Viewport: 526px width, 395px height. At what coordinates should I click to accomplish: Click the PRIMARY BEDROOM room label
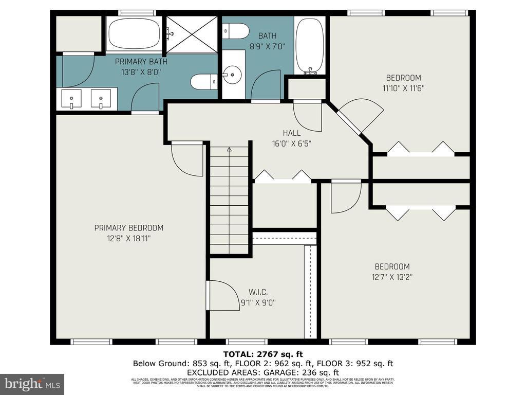click(x=128, y=228)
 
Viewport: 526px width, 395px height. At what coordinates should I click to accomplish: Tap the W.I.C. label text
click(x=258, y=292)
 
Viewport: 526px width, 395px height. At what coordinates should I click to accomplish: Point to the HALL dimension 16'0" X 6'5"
click(x=292, y=144)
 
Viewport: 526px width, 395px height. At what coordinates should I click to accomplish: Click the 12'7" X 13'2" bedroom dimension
click(x=392, y=277)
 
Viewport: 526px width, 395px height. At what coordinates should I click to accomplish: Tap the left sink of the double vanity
click(x=71, y=98)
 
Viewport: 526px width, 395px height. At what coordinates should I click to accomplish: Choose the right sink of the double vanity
click(x=101, y=98)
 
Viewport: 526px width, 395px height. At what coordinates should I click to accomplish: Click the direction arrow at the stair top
click(x=229, y=149)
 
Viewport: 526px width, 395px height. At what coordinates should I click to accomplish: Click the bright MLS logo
click(x=32, y=384)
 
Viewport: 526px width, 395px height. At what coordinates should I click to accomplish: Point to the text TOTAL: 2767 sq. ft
click(x=262, y=354)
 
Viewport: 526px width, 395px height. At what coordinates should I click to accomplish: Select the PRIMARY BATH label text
click(x=141, y=61)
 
